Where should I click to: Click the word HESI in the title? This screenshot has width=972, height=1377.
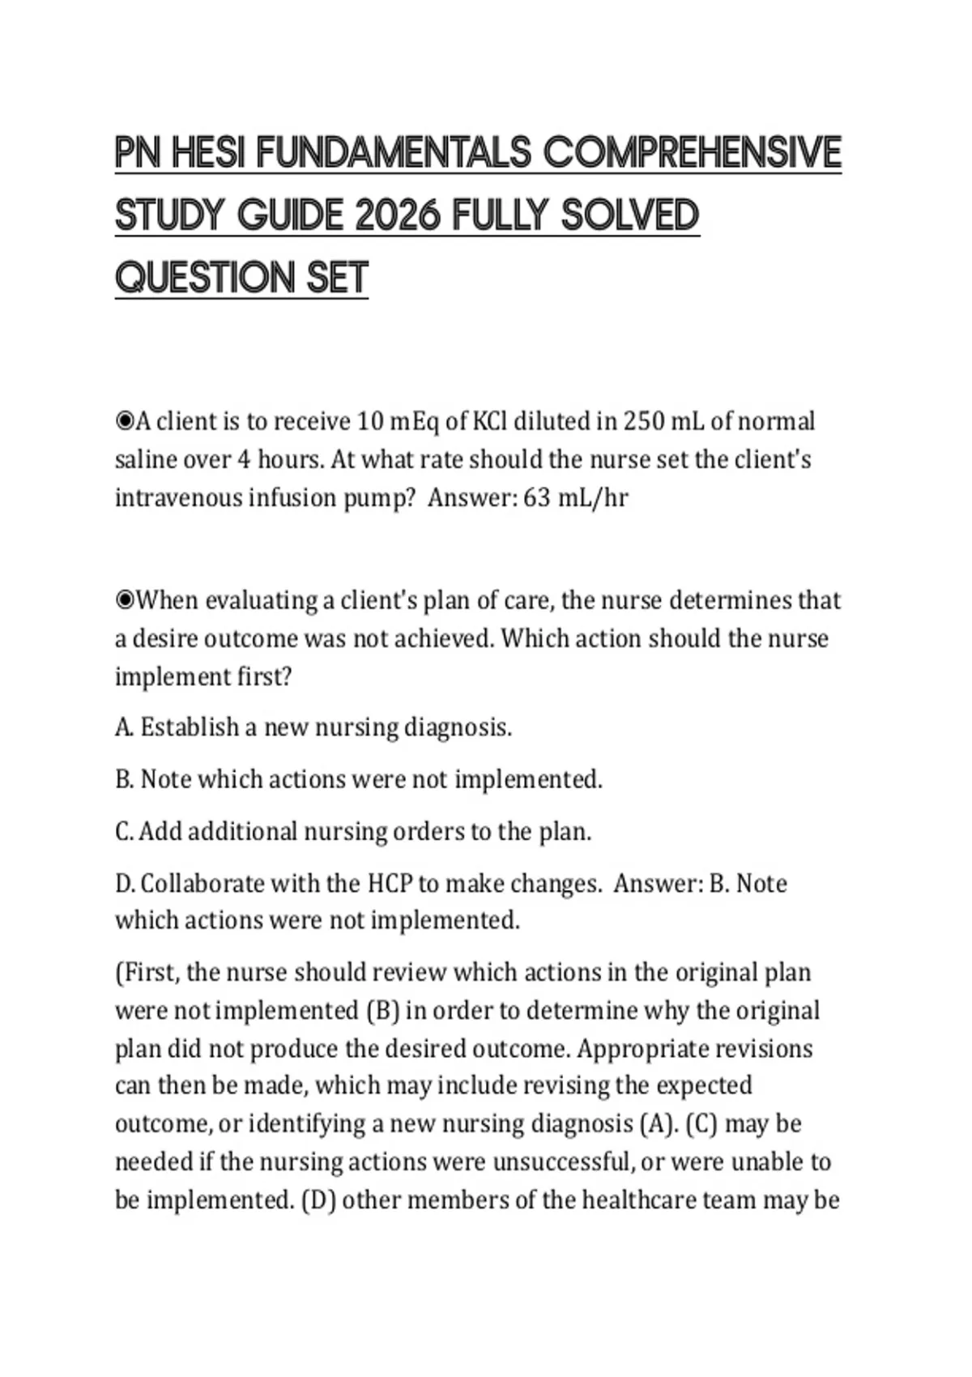(x=208, y=153)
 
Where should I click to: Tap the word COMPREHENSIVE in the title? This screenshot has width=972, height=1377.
(x=692, y=153)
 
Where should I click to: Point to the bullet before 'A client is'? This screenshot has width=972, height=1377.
(x=124, y=421)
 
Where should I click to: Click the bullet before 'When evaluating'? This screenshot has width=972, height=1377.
(x=124, y=600)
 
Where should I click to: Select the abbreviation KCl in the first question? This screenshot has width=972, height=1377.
(x=489, y=421)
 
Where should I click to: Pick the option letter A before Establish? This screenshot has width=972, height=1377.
(x=123, y=727)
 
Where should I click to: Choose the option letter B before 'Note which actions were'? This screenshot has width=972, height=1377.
(x=123, y=779)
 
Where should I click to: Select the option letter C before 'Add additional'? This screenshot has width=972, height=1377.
(x=123, y=832)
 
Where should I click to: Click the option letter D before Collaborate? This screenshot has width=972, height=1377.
(x=124, y=883)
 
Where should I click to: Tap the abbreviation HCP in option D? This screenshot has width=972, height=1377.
(x=390, y=883)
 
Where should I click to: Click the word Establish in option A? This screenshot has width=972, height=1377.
(x=190, y=727)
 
